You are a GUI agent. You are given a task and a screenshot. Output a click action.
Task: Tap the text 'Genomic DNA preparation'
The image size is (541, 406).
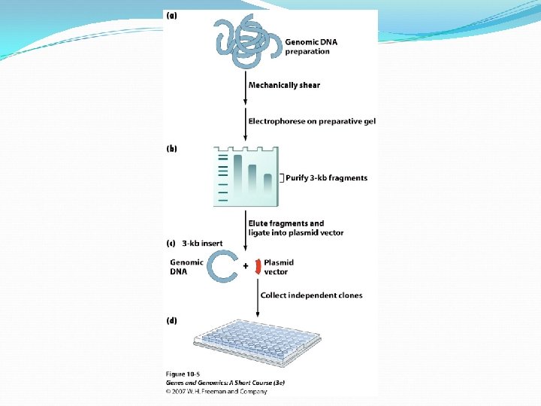[x=311, y=47]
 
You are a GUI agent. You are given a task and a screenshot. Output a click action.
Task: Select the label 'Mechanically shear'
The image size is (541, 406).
[x=284, y=85]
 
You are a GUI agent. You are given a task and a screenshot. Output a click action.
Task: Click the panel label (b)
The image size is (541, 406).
[x=171, y=149]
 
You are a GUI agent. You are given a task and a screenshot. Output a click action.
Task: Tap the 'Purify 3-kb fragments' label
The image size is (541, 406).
[x=326, y=178]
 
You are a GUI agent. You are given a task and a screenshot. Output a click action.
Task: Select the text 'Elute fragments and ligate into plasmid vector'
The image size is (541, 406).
[x=296, y=228]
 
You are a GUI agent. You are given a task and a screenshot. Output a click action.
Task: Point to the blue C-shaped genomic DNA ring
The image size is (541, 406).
[x=223, y=266]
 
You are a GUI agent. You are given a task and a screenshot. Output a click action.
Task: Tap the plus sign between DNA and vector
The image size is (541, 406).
[x=246, y=266]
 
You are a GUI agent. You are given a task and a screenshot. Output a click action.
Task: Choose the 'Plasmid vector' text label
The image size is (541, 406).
[x=278, y=267]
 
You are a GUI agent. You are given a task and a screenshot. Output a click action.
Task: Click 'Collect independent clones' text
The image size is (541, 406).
[x=311, y=295]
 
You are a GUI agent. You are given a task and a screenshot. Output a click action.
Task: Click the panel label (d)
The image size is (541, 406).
[x=171, y=321]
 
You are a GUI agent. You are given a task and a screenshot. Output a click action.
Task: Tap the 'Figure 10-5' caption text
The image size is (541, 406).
[x=183, y=374]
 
